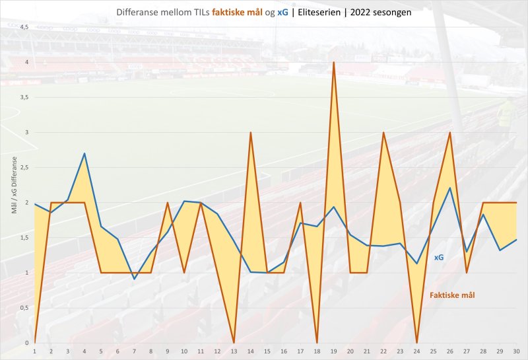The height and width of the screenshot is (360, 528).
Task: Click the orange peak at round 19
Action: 334,63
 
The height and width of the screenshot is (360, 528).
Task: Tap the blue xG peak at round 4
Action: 84,153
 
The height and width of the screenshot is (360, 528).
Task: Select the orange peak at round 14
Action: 251,133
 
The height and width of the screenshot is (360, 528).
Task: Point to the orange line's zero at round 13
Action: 234,342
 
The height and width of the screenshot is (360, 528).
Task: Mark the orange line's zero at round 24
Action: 417,342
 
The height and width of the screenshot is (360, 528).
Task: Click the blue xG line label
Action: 438,258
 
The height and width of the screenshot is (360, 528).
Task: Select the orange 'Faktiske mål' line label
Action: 452,295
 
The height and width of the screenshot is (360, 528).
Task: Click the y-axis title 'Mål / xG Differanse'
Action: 14,185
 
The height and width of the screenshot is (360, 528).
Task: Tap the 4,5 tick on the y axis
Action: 24,27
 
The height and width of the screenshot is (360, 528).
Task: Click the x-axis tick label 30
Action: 516,351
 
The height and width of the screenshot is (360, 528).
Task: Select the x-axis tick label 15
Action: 267,351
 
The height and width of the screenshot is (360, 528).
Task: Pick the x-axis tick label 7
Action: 135,351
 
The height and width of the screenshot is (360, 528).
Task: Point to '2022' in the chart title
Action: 361,12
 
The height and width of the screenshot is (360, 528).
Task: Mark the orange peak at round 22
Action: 383,133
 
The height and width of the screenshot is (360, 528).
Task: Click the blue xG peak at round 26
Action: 450,188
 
